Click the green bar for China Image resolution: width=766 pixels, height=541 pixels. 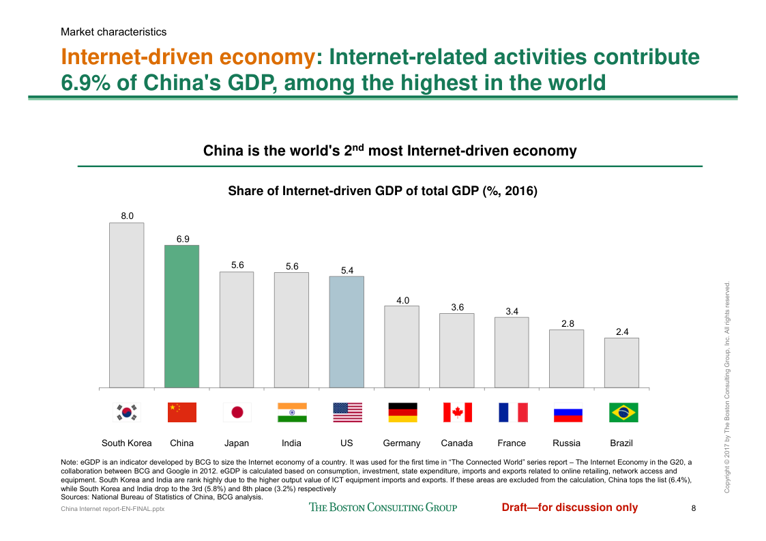tap(181, 317)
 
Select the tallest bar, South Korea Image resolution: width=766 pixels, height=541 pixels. tap(127, 305)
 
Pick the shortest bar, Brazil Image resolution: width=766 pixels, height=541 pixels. tap(621, 363)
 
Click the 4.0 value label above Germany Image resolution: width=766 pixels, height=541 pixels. tap(402, 300)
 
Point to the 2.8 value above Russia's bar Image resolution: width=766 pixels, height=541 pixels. tap(568, 324)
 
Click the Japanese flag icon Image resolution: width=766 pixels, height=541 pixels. tap(237, 412)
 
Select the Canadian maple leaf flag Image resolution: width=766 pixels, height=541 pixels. tap(457, 412)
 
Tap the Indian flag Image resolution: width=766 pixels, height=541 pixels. tap(292, 412)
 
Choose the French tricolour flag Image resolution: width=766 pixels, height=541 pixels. tap(512, 412)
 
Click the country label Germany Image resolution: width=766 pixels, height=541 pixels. tap(402, 443)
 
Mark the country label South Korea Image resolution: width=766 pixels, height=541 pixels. tap(127, 443)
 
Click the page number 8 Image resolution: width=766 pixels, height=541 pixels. tap(693, 508)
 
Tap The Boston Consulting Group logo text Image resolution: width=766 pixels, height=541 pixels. tap(383, 507)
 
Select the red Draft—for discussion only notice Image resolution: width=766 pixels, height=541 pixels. tap(570, 507)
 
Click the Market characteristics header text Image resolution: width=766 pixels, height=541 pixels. tap(113, 31)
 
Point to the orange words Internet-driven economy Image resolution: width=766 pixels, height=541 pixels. tap(188, 57)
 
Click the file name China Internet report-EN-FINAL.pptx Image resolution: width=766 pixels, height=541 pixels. tap(113, 509)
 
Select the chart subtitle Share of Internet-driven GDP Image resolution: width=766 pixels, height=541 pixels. tap(383, 192)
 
